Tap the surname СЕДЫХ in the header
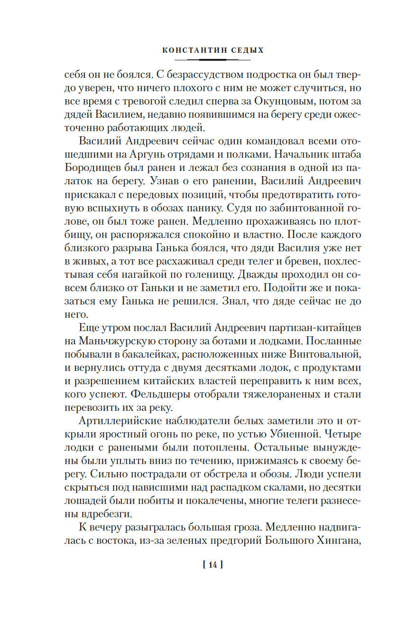245,49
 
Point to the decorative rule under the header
212,60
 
